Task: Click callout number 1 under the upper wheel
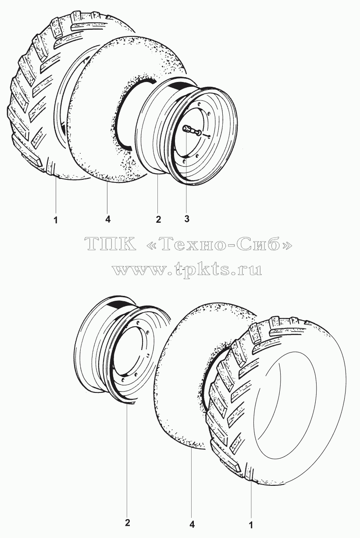56,220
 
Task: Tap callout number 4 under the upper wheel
108,219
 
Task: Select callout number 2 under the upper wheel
158,219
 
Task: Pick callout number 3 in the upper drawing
187,218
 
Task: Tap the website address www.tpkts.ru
187,270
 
